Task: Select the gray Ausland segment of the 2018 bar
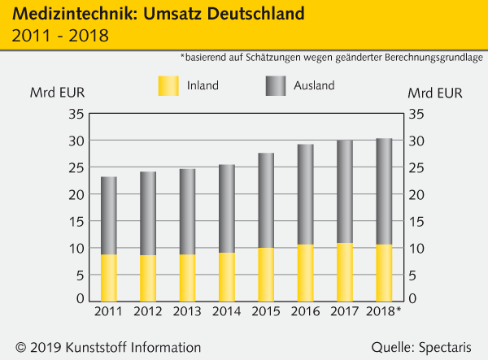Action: [384, 191]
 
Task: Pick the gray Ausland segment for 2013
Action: [187, 211]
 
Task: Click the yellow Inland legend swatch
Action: [167, 85]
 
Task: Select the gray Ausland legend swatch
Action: [277, 85]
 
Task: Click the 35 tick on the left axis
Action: [76, 115]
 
